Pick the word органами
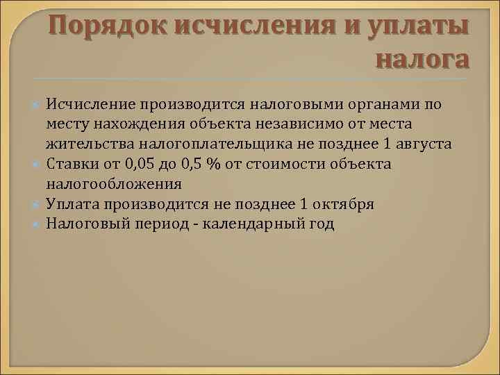click(x=386, y=104)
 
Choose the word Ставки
click(x=72, y=165)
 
